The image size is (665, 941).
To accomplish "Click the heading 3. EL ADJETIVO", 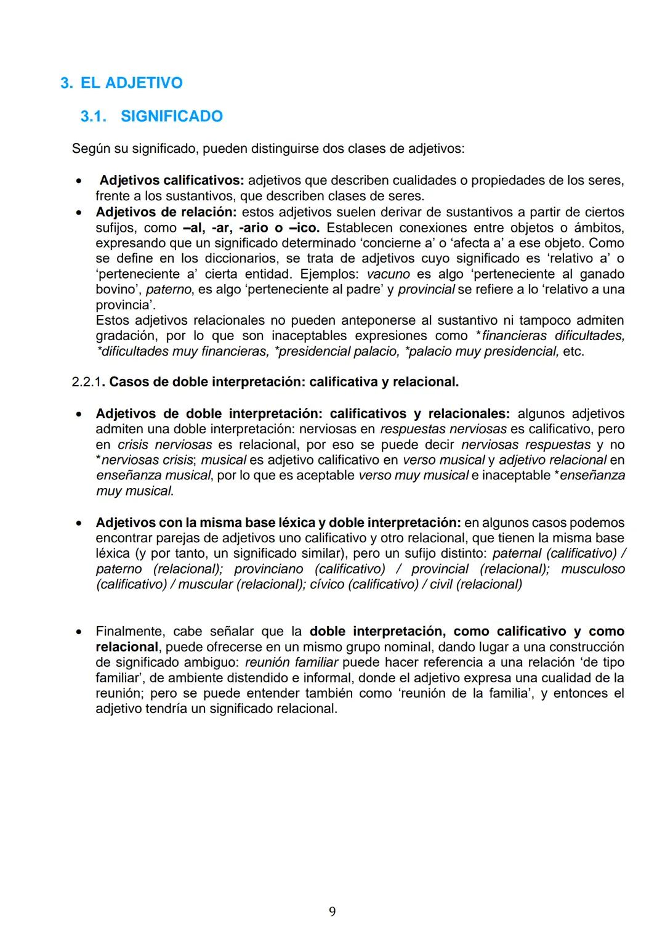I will pyautogui.click(x=121, y=83).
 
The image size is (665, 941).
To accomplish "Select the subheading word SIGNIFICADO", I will pyautogui.click(x=171, y=116).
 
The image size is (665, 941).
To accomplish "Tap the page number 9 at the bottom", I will pyautogui.click(x=332, y=911).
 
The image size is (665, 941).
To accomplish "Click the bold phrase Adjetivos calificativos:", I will pyautogui.click(x=172, y=181).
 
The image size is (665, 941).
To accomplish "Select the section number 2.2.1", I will pyautogui.click(x=86, y=382).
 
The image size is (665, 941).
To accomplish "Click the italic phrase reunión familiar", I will pyautogui.click(x=291, y=662).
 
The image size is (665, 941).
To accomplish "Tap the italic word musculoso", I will pyautogui.click(x=592, y=569).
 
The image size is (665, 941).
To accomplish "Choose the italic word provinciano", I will pyautogui.click(x=268, y=569).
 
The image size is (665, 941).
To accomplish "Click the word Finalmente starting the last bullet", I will pyautogui.click(x=130, y=632).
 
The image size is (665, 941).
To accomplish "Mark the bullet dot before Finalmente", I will pyautogui.click(x=79, y=632).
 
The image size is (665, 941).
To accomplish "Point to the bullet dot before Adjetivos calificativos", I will pyautogui.click(x=79, y=181).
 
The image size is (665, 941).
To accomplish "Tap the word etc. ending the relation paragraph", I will pyautogui.click(x=573, y=351).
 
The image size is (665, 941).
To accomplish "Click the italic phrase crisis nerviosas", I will pyautogui.click(x=164, y=445).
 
